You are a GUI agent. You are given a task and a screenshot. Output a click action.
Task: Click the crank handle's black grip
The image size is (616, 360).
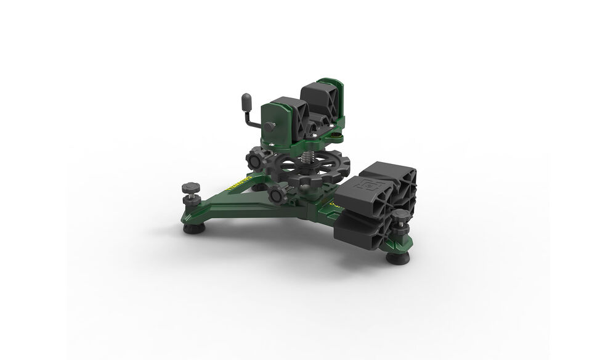(246, 100)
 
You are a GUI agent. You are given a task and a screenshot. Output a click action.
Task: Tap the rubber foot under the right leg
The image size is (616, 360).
(398, 257)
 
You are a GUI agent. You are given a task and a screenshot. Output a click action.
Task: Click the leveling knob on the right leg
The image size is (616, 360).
(401, 217)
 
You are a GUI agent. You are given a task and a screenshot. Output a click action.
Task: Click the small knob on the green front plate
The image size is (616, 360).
(270, 126)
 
